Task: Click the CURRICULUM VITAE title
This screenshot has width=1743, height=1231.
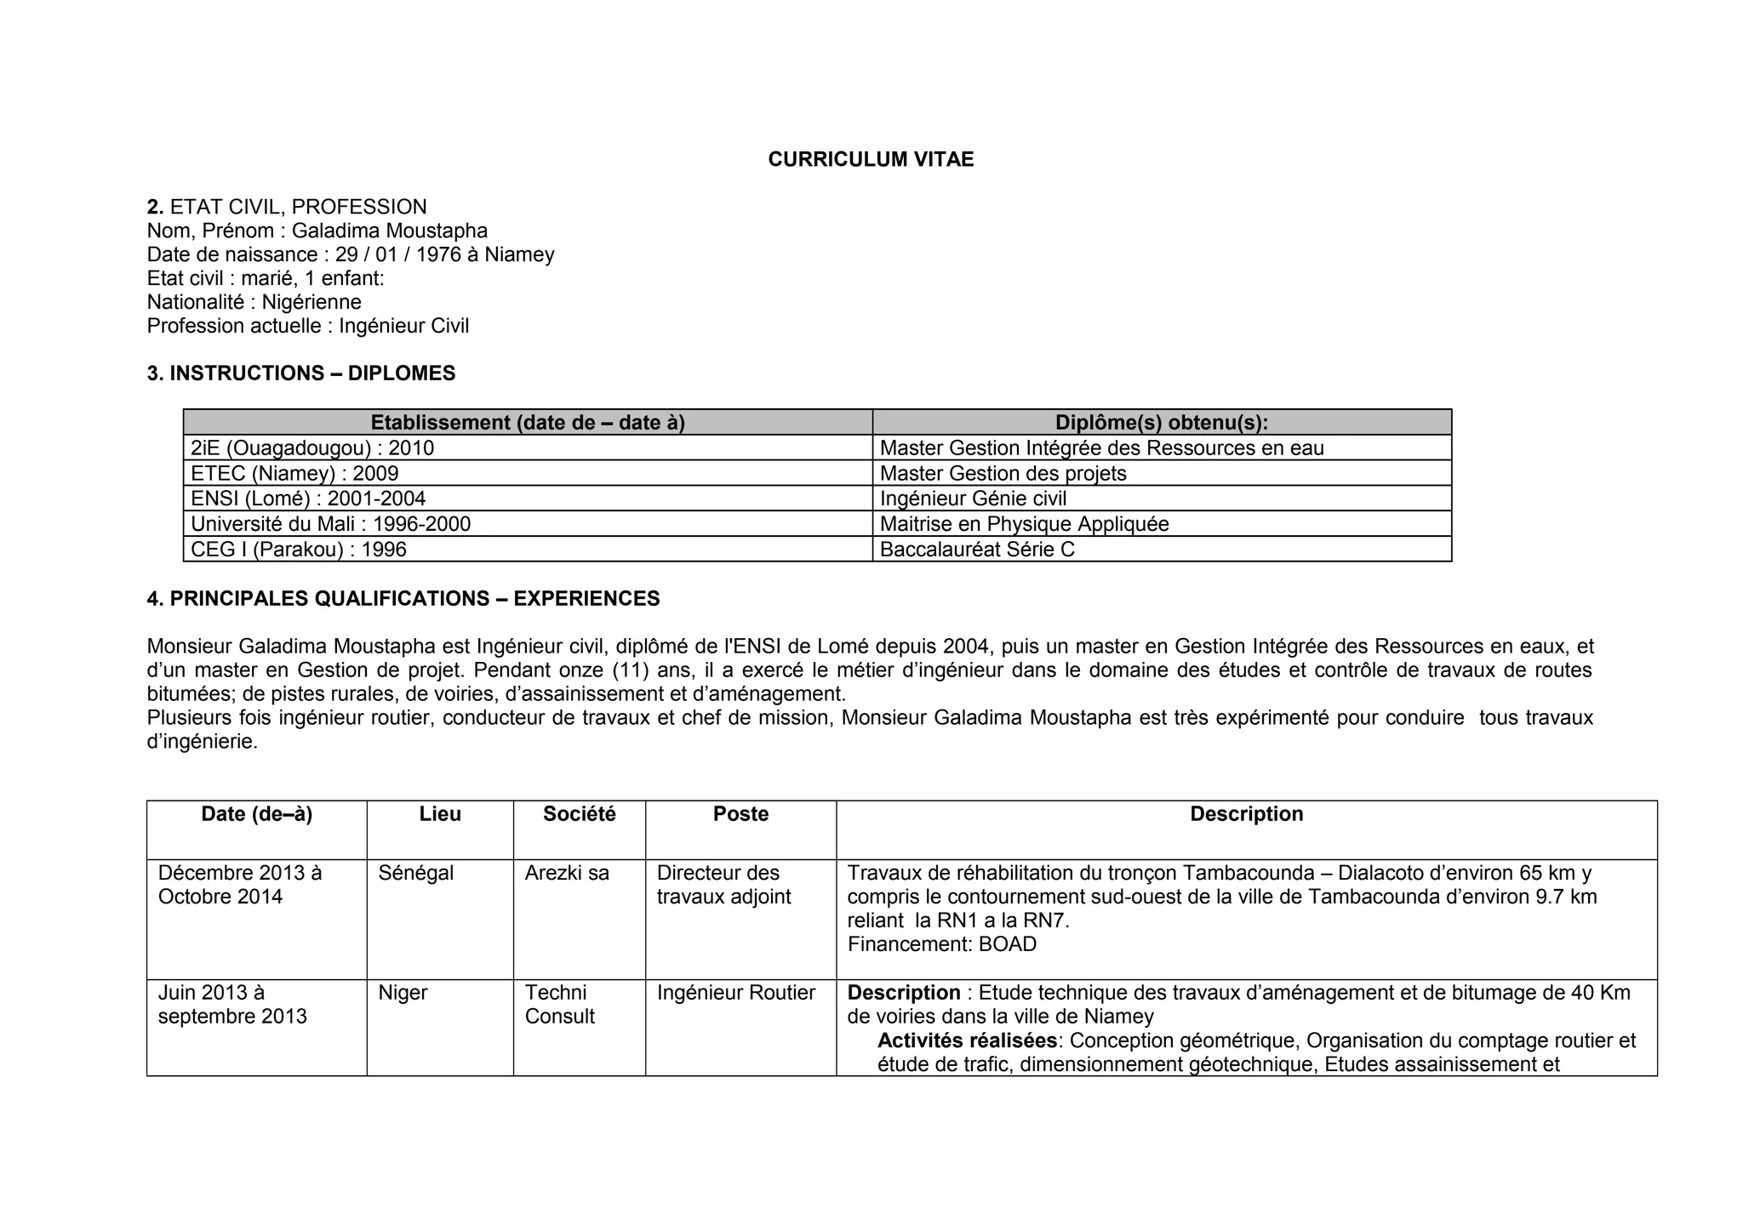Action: coord(871,160)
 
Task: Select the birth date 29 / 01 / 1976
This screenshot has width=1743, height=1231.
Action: coord(404,254)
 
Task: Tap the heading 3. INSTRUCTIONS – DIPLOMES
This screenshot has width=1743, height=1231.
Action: coord(300,373)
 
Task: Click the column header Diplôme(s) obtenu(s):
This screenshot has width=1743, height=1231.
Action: coord(1161,423)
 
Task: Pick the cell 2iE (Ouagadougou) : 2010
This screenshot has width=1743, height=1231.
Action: coord(312,448)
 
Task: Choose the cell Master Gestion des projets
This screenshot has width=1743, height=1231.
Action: coord(1003,474)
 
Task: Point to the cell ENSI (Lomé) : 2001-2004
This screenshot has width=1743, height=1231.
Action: coord(308,499)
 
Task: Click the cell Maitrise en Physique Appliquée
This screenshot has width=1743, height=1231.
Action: coord(1024,524)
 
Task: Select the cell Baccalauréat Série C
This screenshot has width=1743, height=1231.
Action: coord(977,550)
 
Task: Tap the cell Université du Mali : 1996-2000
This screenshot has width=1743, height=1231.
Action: coord(330,524)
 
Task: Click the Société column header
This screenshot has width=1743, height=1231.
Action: coord(579,814)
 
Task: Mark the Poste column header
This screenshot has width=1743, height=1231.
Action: coord(740,814)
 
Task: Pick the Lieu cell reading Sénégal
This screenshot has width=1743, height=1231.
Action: coord(416,873)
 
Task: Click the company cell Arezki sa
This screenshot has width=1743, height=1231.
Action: coord(567,873)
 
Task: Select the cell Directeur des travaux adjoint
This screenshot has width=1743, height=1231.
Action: coord(723,885)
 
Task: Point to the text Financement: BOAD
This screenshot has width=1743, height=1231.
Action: coord(941,944)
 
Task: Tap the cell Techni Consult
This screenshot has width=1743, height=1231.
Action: coord(559,1005)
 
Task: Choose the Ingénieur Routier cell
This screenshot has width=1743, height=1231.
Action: coord(735,993)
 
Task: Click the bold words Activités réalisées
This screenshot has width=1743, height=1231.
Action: coord(967,1040)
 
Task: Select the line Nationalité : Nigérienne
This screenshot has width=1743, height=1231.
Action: coord(254,302)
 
